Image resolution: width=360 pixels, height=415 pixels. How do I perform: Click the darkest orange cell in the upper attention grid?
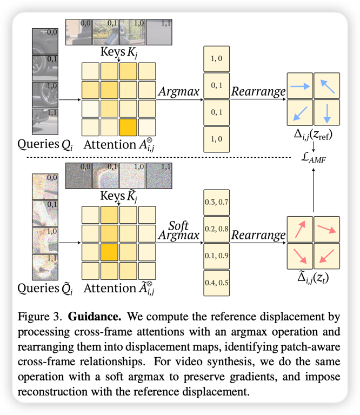tap(128, 128)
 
